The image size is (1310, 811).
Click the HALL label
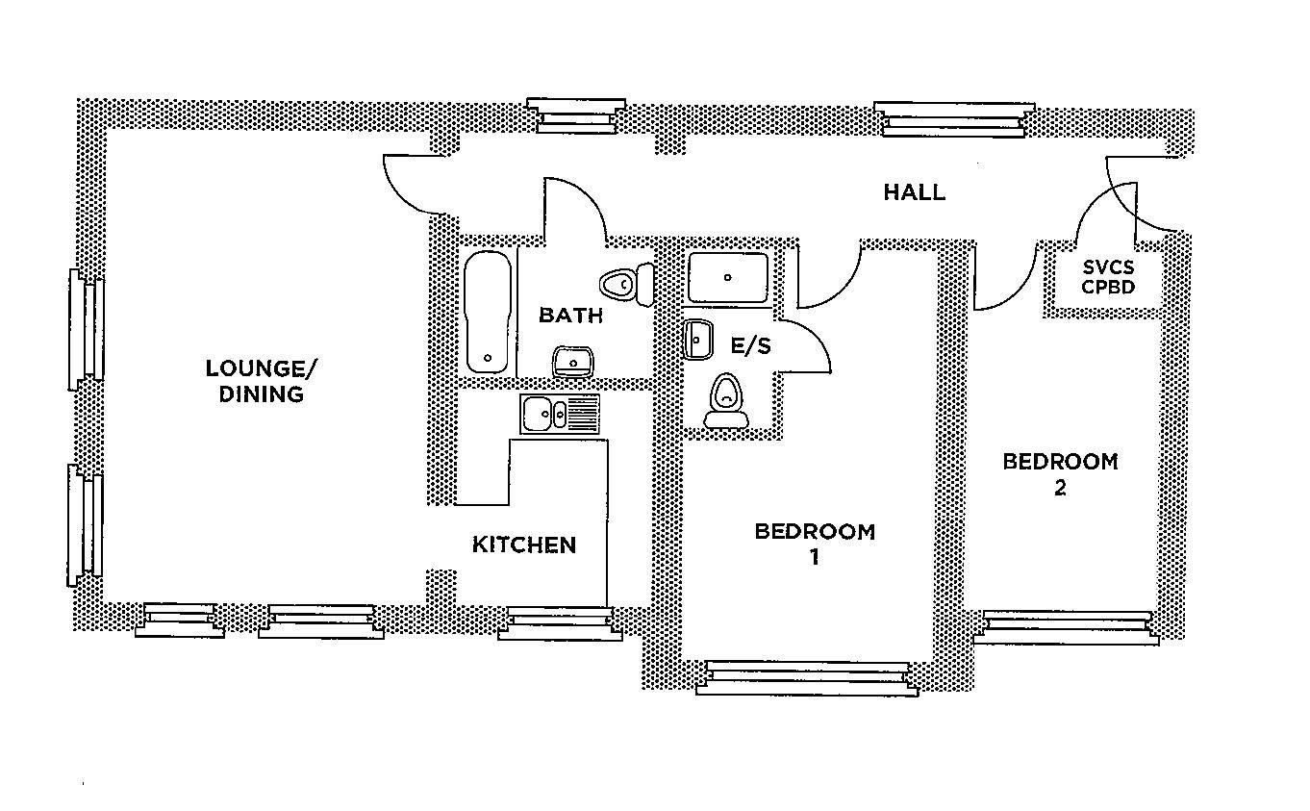click(x=914, y=192)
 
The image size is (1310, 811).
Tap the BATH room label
click(x=570, y=316)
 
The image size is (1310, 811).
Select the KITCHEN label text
click(x=524, y=545)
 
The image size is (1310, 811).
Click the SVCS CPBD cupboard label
click(x=1108, y=277)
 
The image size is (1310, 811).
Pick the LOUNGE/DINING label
click(x=261, y=381)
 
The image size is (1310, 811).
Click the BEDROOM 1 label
click(x=815, y=544)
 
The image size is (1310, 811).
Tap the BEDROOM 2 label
click(x=1060, y=473)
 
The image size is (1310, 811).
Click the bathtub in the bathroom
click(x=488, y=312)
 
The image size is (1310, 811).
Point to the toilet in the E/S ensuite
click(x=726, y=401)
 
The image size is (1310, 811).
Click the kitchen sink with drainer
click(x=559, y=414)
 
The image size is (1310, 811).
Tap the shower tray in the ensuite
click(x=728, y=277)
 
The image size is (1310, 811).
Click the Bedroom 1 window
click(x=806, y=677)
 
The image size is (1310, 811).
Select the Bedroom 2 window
click(x=1066, y=626)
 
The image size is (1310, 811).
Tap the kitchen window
click(x=560, y=622)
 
